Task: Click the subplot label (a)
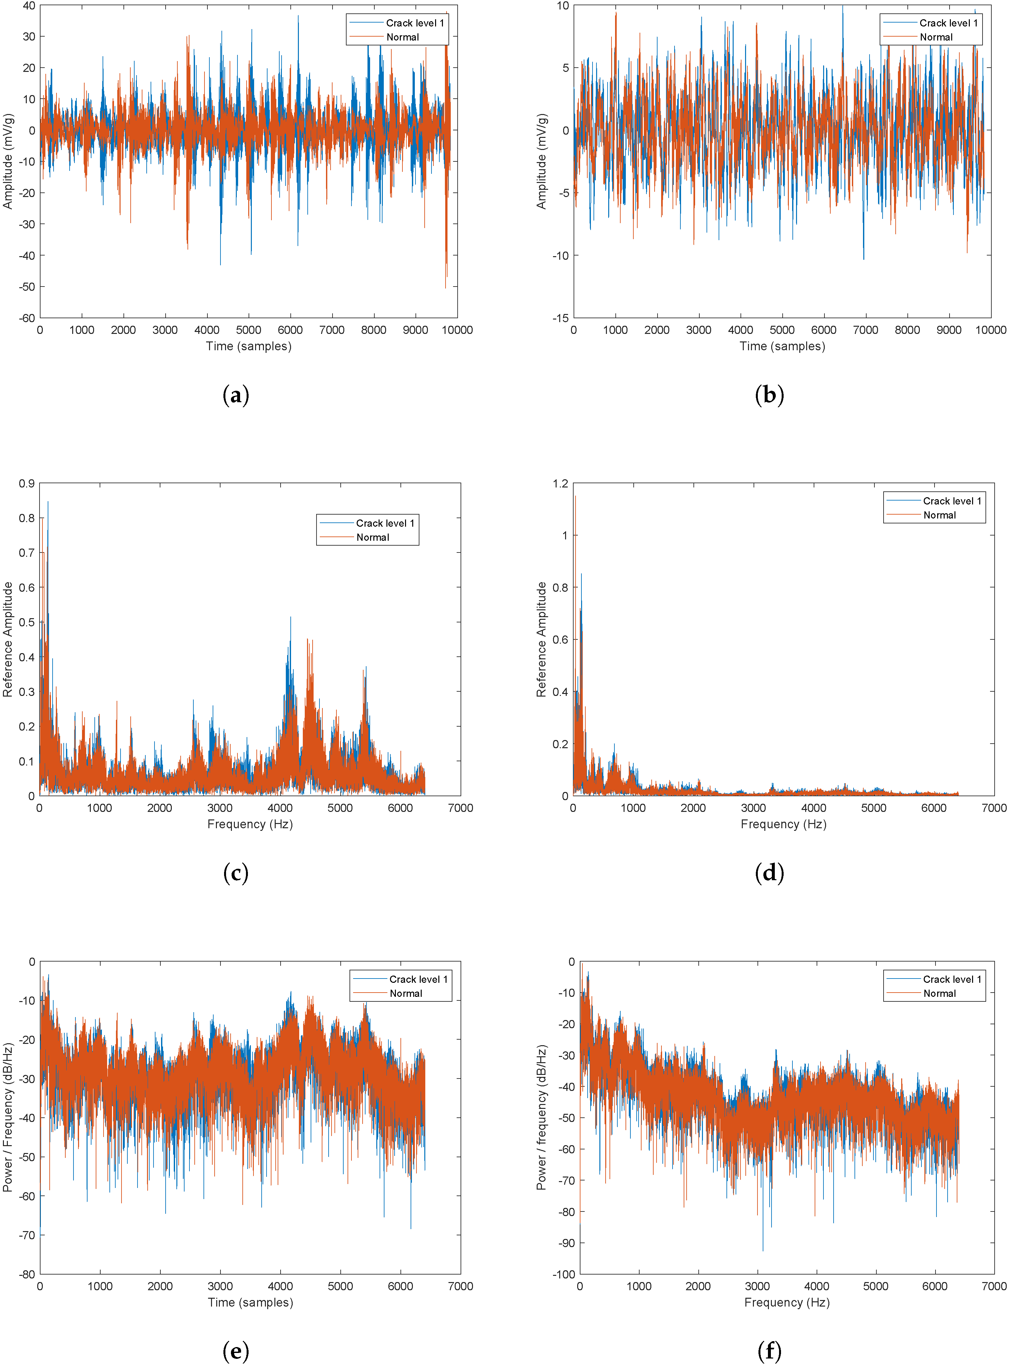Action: [x=236, y=395]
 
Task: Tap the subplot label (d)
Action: [x=769, y=873]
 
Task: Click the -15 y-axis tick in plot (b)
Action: [x=561, y=318]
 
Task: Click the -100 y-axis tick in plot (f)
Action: [x=563, y=1275]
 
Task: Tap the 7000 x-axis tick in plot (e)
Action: [x=461, y=1286]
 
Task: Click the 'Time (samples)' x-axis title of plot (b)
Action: [x=782, y=346]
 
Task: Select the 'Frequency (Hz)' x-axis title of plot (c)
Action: [x=250, y=825]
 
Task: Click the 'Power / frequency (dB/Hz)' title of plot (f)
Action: [x=541, y=1118]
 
